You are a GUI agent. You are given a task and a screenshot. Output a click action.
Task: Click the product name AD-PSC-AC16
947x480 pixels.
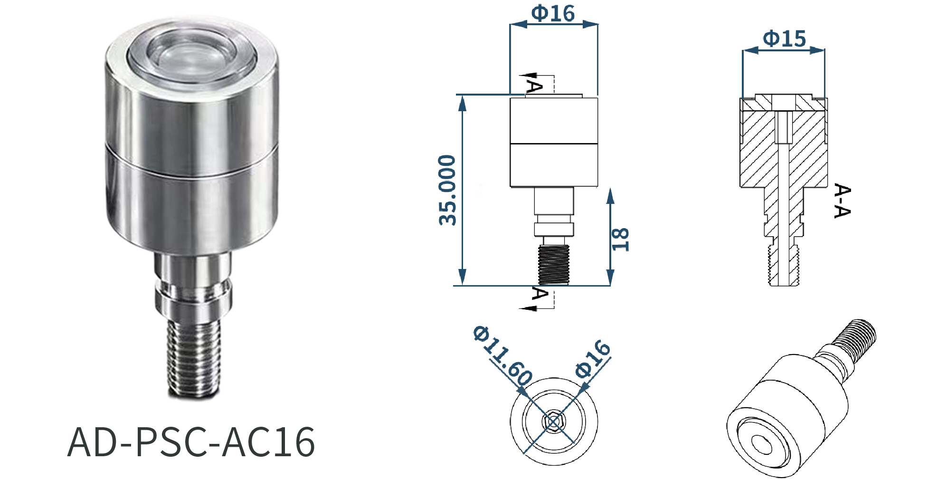(x=191, y=442)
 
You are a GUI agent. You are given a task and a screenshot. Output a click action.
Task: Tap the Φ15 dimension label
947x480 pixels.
(x=784, y=39)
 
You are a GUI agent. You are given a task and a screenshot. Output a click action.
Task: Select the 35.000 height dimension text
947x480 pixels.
(x=447, y=190)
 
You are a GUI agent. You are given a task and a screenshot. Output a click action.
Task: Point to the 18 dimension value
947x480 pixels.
(x=620, y=239)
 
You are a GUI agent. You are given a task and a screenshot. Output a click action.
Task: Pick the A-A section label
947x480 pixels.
(x=842, y=201)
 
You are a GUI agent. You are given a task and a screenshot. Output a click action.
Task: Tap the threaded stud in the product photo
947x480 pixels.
(x=193, y=357)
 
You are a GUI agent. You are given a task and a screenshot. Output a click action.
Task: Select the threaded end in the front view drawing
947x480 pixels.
(x=554, y=265)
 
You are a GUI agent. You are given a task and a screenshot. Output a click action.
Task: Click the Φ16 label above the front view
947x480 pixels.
(x=553, y=13)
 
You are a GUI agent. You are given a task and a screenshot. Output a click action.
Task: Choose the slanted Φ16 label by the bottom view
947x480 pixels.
(x=592, y=359)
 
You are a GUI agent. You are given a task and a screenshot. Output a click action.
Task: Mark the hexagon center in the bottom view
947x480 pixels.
(x=554, y=421)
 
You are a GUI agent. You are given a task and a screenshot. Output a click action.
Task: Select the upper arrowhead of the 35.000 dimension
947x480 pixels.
(x=462, y=103)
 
